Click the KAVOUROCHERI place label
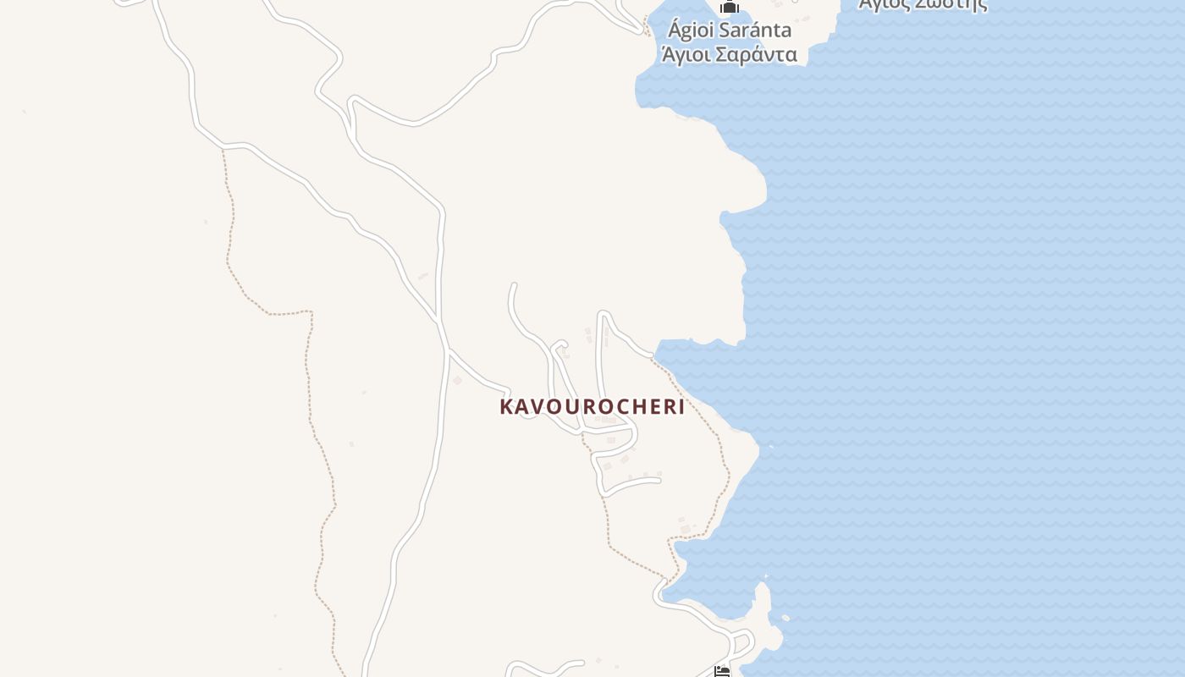click(592, 406)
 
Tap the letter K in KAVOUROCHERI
click(506, 407)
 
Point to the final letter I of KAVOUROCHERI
click(681, 407)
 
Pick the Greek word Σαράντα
click(756, 55)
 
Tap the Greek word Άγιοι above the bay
click(686, 56)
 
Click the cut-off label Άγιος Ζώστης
click(923, 4)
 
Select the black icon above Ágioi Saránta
click(730, 7)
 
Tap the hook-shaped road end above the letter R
click(559, 344)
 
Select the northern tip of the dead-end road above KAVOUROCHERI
click(513, 285)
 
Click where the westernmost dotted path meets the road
click(223, 149)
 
